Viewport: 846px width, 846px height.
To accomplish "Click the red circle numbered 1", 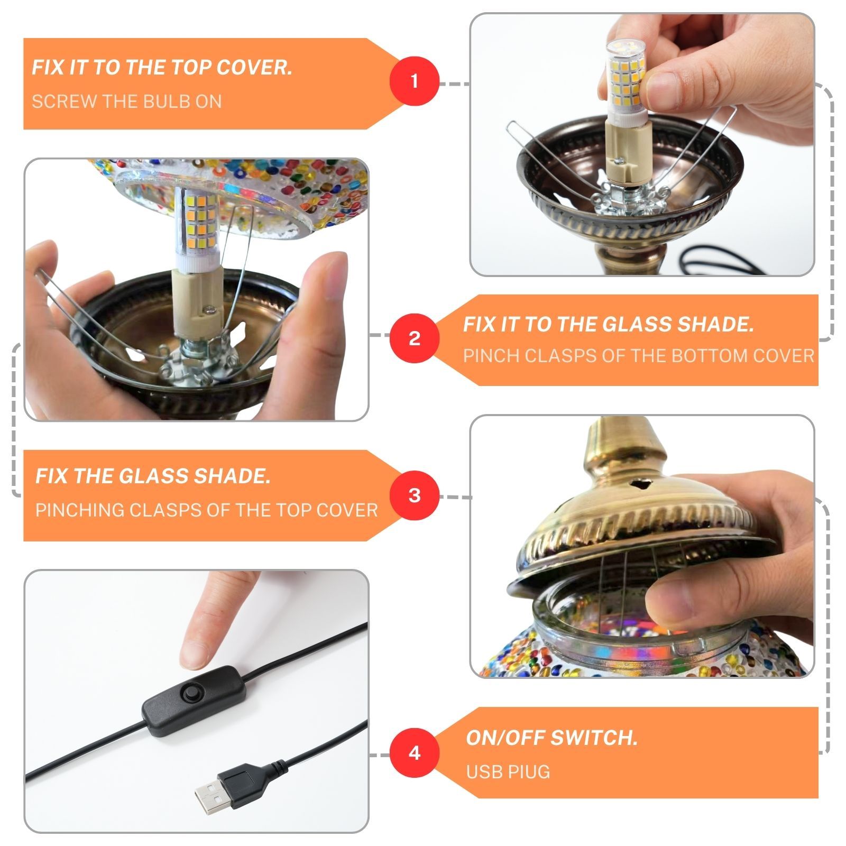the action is (415, 81).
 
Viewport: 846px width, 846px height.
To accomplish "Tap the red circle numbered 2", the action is (415, 338).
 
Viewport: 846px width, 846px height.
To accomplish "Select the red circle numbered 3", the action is (415, 495).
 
